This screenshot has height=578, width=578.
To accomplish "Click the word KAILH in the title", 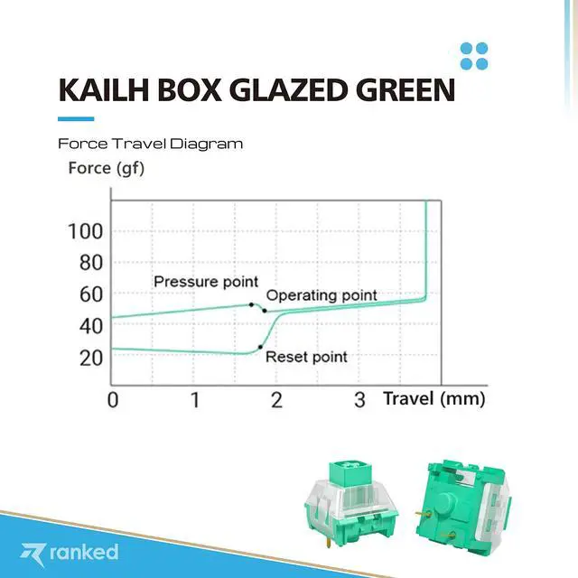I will pos(98,90).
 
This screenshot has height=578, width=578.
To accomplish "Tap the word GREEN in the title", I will pos(406,90).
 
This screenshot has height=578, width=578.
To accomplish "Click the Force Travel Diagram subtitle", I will pos(150,144).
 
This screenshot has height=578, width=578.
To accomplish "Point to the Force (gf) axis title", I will pos(106,167).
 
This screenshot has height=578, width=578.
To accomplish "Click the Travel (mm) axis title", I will pos(434,398).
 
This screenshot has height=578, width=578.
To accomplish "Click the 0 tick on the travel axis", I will pos(113,399).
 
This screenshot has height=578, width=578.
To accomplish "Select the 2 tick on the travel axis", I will pos(277,399).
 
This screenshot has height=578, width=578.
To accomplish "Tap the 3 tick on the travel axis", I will pos(359,399).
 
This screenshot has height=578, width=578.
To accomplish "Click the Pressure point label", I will pos(206,282).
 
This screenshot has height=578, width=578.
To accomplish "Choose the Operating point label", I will pos(322,295).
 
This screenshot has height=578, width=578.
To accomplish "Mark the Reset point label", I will pos(306,357).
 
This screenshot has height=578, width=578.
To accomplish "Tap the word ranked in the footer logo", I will pos(83,550).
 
